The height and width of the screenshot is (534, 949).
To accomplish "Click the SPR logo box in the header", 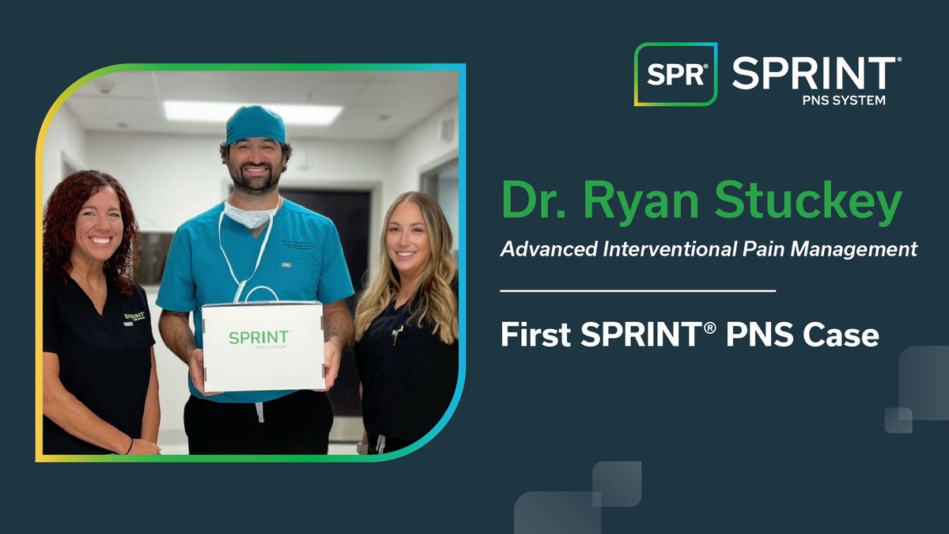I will pyautogui.click(x=675, y=74).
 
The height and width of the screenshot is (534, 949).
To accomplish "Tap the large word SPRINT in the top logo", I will pyautogui.click(x=814, y=74).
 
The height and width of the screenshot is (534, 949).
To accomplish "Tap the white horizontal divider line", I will pyautogui.click(x=637, y=291).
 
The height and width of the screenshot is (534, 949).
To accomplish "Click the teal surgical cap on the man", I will pyautogui.click(x=255, y=124).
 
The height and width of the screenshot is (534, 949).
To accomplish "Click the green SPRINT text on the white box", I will pyautogui.click(x=259, y=337).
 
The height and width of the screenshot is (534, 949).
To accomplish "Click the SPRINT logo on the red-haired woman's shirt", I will pyautogui.click(x=134, y=318).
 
